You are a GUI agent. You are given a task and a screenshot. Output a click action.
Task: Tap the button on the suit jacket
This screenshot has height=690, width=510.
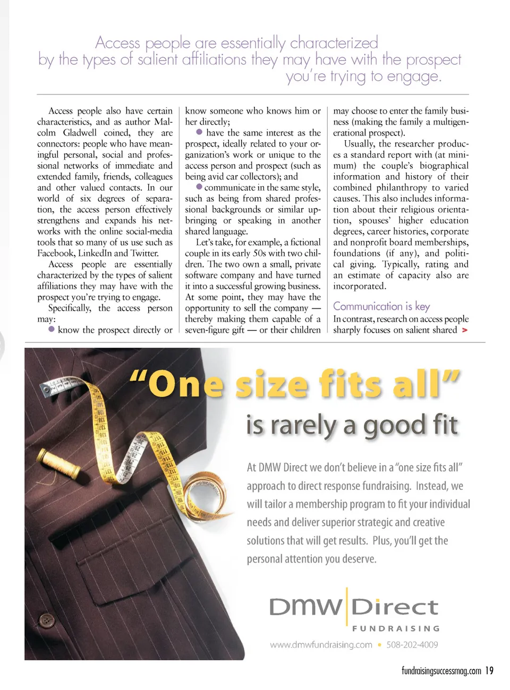(47, 619)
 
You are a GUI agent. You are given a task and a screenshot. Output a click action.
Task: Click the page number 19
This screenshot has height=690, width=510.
(489, 671)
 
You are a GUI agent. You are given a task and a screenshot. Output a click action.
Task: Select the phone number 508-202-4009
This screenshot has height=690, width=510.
(412, 645)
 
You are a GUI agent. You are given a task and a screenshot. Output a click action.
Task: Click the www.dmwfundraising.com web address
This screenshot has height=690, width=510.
(321, 645)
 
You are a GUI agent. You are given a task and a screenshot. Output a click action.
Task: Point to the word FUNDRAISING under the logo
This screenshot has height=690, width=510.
(396, 628)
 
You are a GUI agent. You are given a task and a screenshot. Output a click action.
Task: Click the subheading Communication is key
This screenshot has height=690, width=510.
(381, 306)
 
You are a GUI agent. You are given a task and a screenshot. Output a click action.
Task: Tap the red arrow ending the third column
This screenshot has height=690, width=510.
(465, 330)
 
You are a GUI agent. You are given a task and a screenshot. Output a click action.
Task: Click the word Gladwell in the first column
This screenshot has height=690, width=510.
(80, 133)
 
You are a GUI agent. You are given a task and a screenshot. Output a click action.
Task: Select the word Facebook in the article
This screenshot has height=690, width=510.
(56, 253)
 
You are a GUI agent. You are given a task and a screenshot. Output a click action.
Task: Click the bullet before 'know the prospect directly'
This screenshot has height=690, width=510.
(52, 329)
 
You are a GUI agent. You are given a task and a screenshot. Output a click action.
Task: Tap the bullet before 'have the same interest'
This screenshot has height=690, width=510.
(199, 132)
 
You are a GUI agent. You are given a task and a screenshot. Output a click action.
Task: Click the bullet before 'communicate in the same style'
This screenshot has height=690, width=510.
(199, 187)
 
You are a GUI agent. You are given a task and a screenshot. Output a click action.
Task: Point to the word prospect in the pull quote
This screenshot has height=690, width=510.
(433, 60)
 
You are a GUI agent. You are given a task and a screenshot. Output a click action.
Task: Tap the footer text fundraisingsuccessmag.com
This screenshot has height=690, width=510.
(441, 671)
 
